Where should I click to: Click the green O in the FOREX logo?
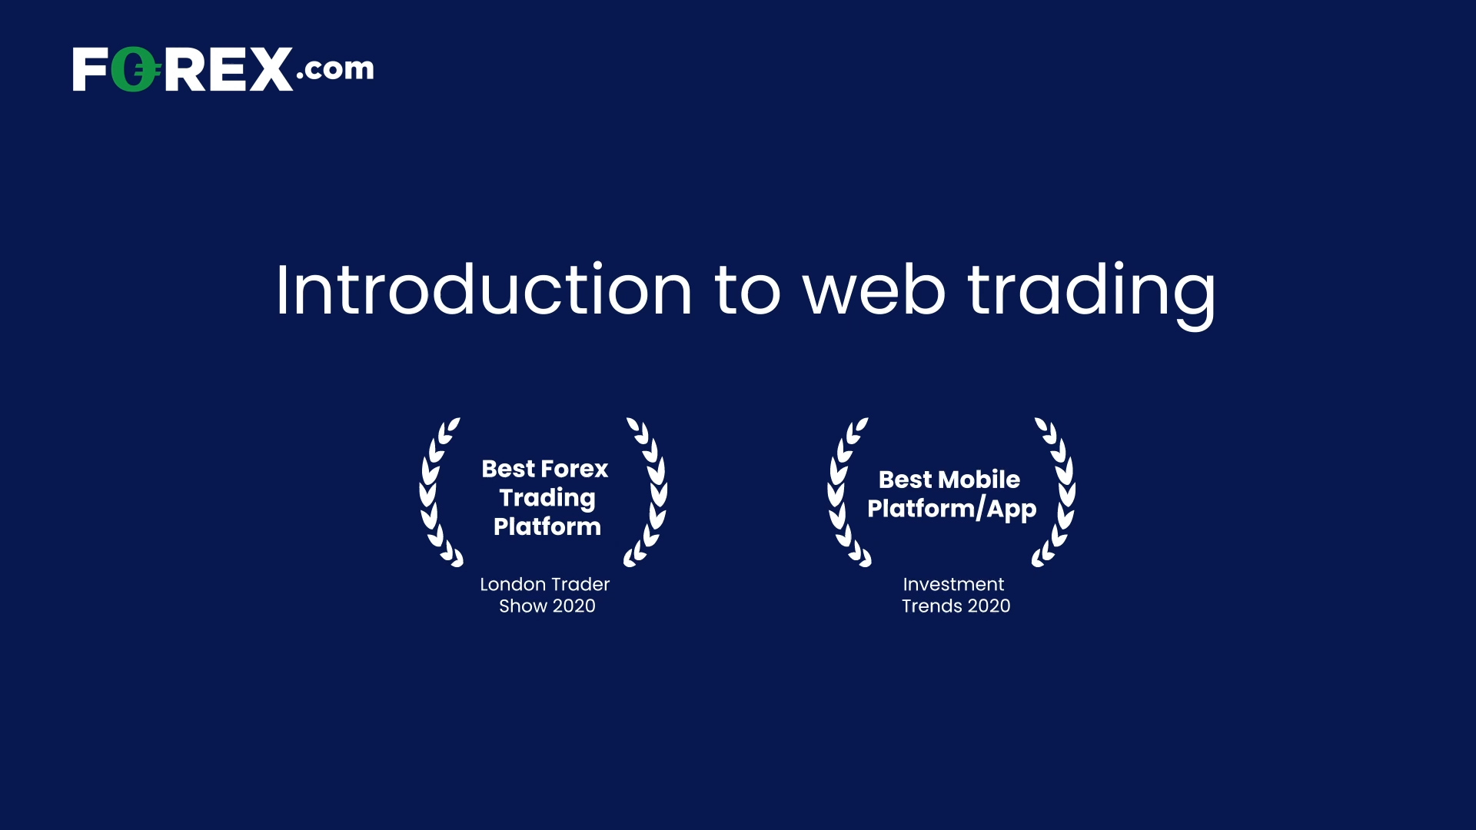136,70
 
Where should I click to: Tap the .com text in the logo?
335,68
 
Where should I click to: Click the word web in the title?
874,290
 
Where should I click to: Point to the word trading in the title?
1092,292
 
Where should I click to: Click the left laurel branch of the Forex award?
438,492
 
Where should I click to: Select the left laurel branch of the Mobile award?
846,492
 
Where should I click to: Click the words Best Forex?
545,469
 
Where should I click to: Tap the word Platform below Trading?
547,526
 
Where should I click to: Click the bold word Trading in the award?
547,498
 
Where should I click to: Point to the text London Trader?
545,584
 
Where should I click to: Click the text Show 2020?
547,606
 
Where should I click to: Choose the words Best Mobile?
949,480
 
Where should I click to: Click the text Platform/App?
952,509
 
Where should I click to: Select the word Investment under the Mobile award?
953,584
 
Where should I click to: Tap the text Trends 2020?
956,606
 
